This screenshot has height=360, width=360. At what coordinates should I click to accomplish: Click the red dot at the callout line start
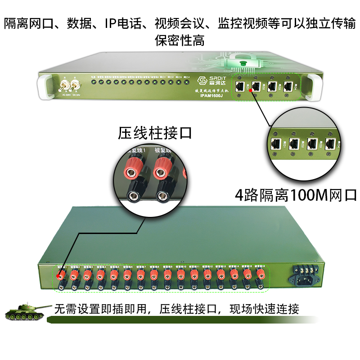pyautogui.click(x=250, y=90)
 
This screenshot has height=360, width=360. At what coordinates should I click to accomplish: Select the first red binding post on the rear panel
pyautogui.click(x=61, y=274)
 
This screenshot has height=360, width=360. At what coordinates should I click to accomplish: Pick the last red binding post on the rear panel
pyautogui.click(x=260, y=273)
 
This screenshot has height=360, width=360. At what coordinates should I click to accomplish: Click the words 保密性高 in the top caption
pyautogui.click(x=180, y=40)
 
